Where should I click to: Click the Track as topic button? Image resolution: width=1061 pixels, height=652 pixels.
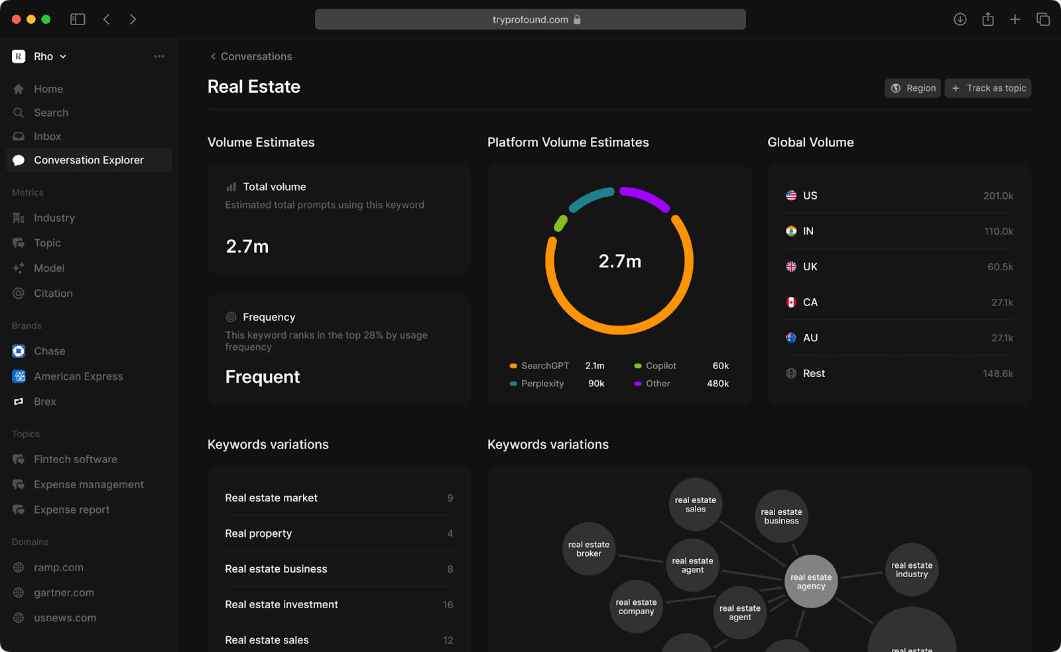[x=988, y=88]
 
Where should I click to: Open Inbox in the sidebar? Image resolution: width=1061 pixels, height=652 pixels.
[x=47, y=136]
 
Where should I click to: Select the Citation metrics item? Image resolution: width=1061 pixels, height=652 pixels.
[x=53, y=294]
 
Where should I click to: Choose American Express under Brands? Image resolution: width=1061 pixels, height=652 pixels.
[x=78, y=376]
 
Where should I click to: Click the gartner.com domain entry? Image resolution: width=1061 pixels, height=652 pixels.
[x=64, y=593]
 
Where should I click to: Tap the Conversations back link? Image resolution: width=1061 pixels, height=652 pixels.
[x=251, y=56]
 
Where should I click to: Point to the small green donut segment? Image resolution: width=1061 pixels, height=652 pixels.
[x=560, y=223]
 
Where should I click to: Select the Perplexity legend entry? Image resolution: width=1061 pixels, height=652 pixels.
[x=542, y=384]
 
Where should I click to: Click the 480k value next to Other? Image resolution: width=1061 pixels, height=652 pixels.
[x=718, y=384]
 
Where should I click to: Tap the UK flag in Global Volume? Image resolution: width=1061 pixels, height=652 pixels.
[x=791, y=267]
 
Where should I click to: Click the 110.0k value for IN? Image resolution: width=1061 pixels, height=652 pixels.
[x=998, y=231]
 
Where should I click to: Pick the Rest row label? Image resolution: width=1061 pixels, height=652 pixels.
[x=814, y=374]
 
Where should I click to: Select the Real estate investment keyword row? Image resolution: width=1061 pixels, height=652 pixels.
[x=281, y=604]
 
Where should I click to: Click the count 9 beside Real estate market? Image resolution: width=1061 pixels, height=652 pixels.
[x=450, y=498]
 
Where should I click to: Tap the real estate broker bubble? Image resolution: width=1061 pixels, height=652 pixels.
[x=589, y=549]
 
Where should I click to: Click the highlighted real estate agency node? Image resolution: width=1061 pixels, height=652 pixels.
[x=811, y=581]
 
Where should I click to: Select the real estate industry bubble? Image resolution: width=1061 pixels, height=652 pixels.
[x=912, y=570]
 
